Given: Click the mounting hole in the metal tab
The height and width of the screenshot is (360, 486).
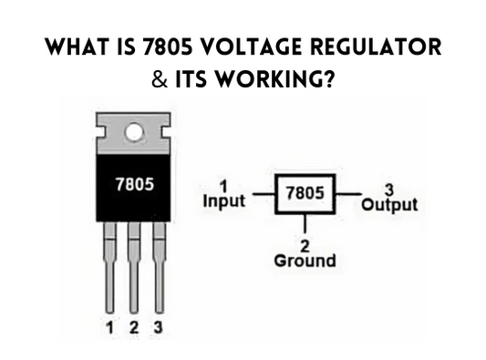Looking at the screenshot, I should point(134,132).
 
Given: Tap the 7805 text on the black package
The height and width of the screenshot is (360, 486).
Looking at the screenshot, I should point(134,182).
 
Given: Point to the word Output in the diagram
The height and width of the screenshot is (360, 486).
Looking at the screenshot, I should point(389,203).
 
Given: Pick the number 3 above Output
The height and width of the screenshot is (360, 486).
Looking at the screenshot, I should point(388,189).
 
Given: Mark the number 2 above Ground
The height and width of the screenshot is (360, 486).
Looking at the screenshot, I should point(305,245).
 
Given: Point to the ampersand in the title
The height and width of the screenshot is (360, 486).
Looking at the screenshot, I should point(160,79).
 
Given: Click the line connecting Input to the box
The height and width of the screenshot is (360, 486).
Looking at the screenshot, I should point(263,193).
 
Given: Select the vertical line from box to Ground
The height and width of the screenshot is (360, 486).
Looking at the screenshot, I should point(305,223).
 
